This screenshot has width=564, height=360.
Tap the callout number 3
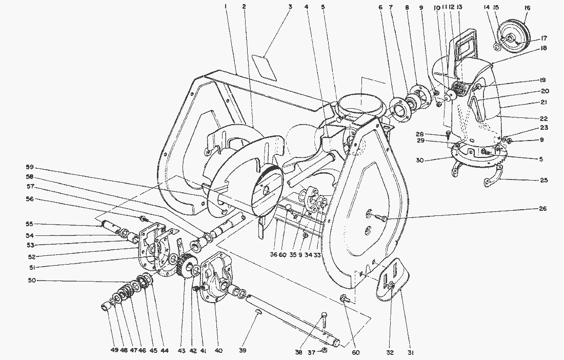tap(290, 7)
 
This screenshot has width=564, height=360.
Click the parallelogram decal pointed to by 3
tap(265, 67)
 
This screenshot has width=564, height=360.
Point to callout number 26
tap(543, 209)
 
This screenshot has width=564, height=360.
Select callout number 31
tap(411, 352)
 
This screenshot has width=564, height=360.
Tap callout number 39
tap(243, 351)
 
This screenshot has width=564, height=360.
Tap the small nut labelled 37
tap(325, 350)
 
